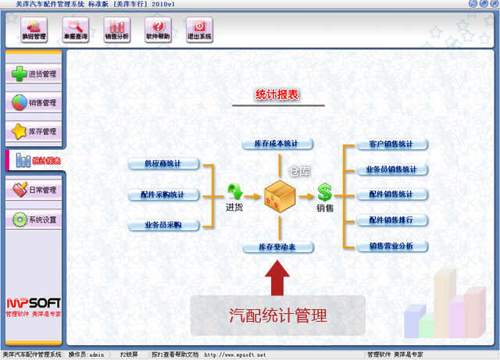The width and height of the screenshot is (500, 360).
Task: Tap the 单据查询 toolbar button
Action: tap(76, 30)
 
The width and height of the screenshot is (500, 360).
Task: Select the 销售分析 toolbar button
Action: tap(116, 30)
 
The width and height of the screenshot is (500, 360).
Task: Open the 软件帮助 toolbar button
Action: tap(157, 30)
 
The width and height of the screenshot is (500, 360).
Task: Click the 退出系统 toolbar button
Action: tap(198, 30)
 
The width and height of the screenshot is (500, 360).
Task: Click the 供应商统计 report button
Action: tap(163, 164)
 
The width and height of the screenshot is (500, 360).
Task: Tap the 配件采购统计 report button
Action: tap(163, 194)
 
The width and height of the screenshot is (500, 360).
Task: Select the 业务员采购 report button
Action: tap(163, 225)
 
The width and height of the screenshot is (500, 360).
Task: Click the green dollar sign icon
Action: tap(324, 192)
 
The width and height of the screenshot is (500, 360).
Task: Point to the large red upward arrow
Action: tap(277, 277)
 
